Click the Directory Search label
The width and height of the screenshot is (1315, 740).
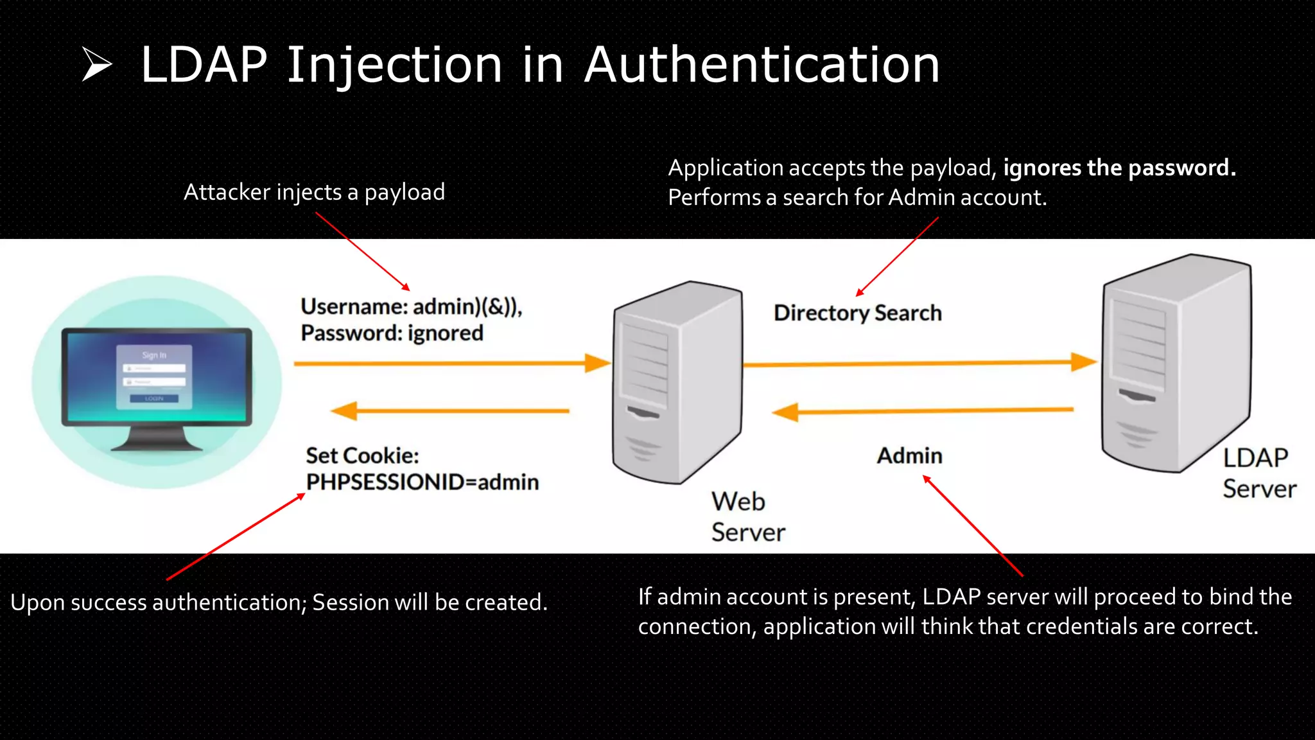coord(857,313)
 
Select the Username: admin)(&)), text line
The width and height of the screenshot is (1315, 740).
coord(411,306)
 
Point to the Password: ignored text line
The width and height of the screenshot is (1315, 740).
coord(392,333)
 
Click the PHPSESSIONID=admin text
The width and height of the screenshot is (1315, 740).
coord(422,482)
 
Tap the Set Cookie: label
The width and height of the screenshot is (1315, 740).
coord(362,455)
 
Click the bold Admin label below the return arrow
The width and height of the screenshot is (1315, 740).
coord(909,455)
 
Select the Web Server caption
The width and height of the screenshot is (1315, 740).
coord(747,516)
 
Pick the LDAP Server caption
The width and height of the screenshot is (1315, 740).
coord(1258,473)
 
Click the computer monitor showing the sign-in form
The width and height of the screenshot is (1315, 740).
coord(157,379)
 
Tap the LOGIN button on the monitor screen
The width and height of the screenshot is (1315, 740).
coord(154,399)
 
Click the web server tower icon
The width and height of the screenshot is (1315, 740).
coord(677,382)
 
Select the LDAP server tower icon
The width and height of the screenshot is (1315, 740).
coord(1175,363)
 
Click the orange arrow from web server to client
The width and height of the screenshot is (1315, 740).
coord(449,410)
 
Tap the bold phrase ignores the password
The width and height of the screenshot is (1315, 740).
coord(1119,168)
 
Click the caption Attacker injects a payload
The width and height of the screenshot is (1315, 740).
coord(314,192)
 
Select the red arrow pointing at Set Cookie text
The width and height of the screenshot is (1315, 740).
coord(235,537)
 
